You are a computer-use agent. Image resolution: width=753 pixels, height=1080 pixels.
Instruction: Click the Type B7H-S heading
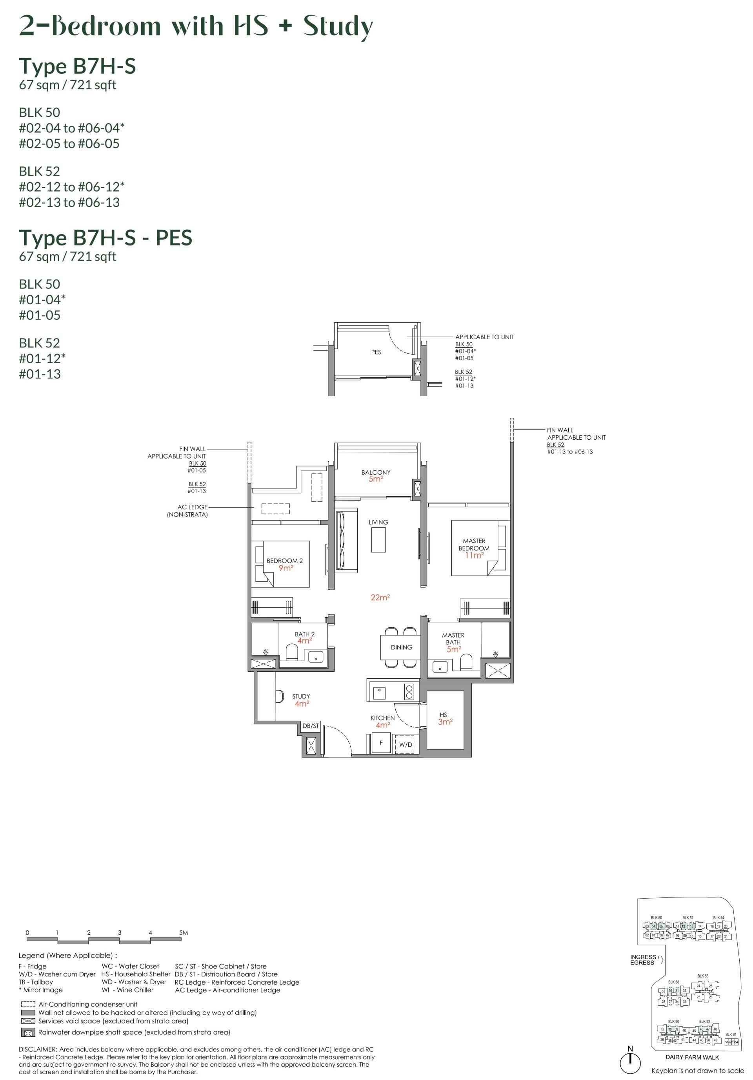(x=77, y=66)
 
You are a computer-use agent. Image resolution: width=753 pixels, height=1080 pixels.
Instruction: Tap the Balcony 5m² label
(x=376, y=475)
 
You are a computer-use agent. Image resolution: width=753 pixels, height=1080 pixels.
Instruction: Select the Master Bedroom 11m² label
(x=474, y=548)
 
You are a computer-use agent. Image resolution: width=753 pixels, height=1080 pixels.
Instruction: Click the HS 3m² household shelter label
(x=445, y=718)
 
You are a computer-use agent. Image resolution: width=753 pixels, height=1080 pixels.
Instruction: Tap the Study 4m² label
(x=301, y=700)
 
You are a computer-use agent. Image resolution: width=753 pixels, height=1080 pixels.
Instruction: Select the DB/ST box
(x=310, y=726)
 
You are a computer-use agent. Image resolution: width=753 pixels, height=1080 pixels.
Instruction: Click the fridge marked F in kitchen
(x=381, y=743)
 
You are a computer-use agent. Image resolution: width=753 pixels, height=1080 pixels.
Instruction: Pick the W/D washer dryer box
(x=405, y=745)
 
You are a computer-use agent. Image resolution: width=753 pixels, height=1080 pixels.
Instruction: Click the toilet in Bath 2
(x=292, y=652)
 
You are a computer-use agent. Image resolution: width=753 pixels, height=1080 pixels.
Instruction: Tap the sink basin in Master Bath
(x=440, y=667)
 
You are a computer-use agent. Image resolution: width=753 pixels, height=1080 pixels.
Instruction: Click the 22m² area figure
(x=380, y=598)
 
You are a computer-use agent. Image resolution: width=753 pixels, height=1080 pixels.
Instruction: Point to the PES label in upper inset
(x=376, y=352)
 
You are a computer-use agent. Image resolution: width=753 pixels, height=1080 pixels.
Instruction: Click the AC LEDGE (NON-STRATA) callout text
(x=187, y=511)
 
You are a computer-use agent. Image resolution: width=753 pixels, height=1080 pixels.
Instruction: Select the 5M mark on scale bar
(x=183, y=932)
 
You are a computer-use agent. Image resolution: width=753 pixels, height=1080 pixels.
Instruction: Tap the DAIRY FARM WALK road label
(x=692, y=1057)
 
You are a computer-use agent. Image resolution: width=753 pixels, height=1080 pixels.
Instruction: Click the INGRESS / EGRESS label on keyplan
(x=644, y=959)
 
